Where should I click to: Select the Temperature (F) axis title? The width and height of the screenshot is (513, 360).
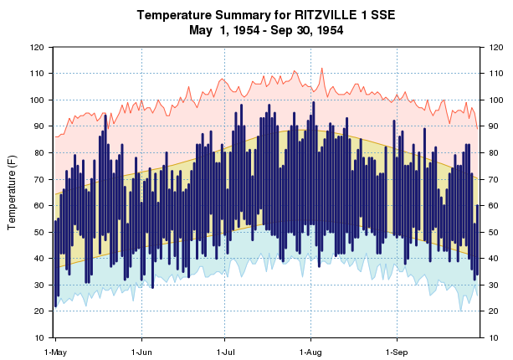click(x=13, y=192)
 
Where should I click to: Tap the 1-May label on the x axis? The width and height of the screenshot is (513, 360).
click(x=55, y=352)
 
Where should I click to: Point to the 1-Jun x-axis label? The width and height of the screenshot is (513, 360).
click(x=142, y=352)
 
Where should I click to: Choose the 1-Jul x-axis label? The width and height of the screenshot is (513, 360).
click(x=225, y=352)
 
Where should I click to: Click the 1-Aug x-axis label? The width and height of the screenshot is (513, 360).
click(x=310, y=352)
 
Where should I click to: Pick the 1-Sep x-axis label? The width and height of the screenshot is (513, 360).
click(x=396, y=352)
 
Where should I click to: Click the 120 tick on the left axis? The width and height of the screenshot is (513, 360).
click(x=38, y=48)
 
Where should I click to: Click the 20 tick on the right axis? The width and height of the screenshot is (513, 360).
click(x=490, y=311)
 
